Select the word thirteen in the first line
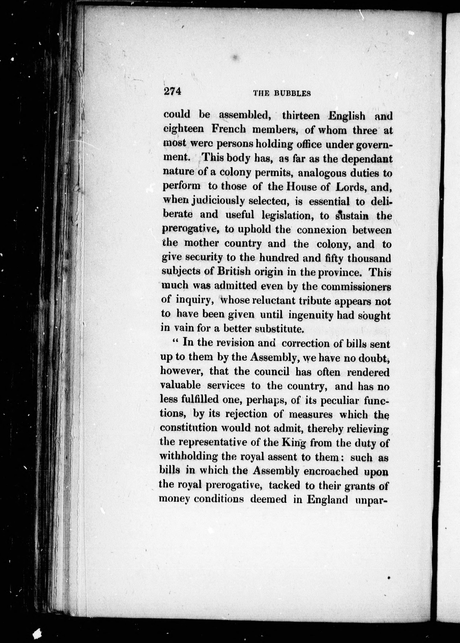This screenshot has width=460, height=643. click(x=301, y=116)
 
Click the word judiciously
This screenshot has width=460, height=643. click(x=218, y=201)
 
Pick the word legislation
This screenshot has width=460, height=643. click(x=286, y=216)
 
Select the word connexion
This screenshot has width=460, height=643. click(x=321, y=230)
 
